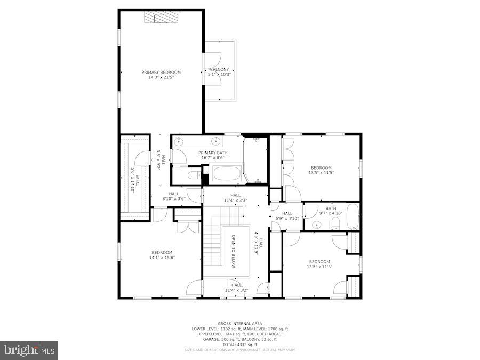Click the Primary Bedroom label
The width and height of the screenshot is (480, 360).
(x=161, y=72)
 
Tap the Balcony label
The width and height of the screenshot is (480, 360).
(x=219, y=69)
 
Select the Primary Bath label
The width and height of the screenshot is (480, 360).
(x=213, y=153)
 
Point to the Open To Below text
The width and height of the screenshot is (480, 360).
(x=233, y=251)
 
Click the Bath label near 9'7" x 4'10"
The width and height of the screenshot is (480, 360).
(x=331, y=209)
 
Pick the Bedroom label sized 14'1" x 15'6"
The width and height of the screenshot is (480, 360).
(x=162, y=252)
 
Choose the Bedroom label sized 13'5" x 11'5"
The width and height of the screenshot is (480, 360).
(x=322, y=167)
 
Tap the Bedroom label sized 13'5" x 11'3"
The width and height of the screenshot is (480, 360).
(x=319, y=261)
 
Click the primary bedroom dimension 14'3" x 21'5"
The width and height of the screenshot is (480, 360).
(x=161, y=77)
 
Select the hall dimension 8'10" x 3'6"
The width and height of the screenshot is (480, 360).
(x=174, y=199)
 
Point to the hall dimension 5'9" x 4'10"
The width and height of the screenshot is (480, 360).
(x=287, y=218)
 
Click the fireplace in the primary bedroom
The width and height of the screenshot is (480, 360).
(x=162, y=18)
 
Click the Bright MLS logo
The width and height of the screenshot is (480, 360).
(x=30, y=350)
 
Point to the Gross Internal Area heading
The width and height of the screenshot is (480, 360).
(x=239, y=324)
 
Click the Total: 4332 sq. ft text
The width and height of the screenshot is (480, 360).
(x=239, y=345)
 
